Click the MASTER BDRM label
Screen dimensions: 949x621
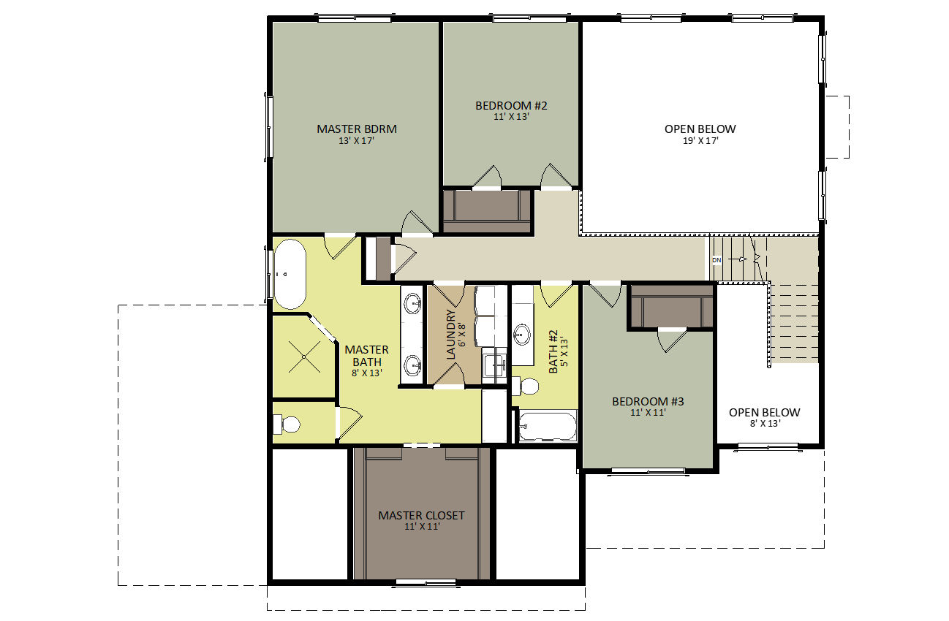pos(357,129)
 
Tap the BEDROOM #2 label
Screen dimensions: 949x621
pos(511,105)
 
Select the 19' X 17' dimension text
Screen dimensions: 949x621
pos(700,141)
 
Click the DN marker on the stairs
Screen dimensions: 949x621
pos(717,260)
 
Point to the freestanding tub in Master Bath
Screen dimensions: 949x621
pos(290,274)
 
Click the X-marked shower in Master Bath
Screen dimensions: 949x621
pos(304,357)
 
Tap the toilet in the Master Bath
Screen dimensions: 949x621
pos(287,424)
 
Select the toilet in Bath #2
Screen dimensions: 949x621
pos(525,386)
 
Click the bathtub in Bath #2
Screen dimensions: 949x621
pos(548,426)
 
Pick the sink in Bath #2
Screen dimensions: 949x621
pos(522,335)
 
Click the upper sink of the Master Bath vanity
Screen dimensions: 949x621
pos(412,303)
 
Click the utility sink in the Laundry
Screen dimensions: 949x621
pos(494,365)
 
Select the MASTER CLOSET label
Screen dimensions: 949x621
pos(421,516)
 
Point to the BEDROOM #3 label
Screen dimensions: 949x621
pos(648,401)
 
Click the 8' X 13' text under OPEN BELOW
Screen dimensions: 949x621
pos(765,423)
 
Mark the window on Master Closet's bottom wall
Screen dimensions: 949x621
pos(427,583)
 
